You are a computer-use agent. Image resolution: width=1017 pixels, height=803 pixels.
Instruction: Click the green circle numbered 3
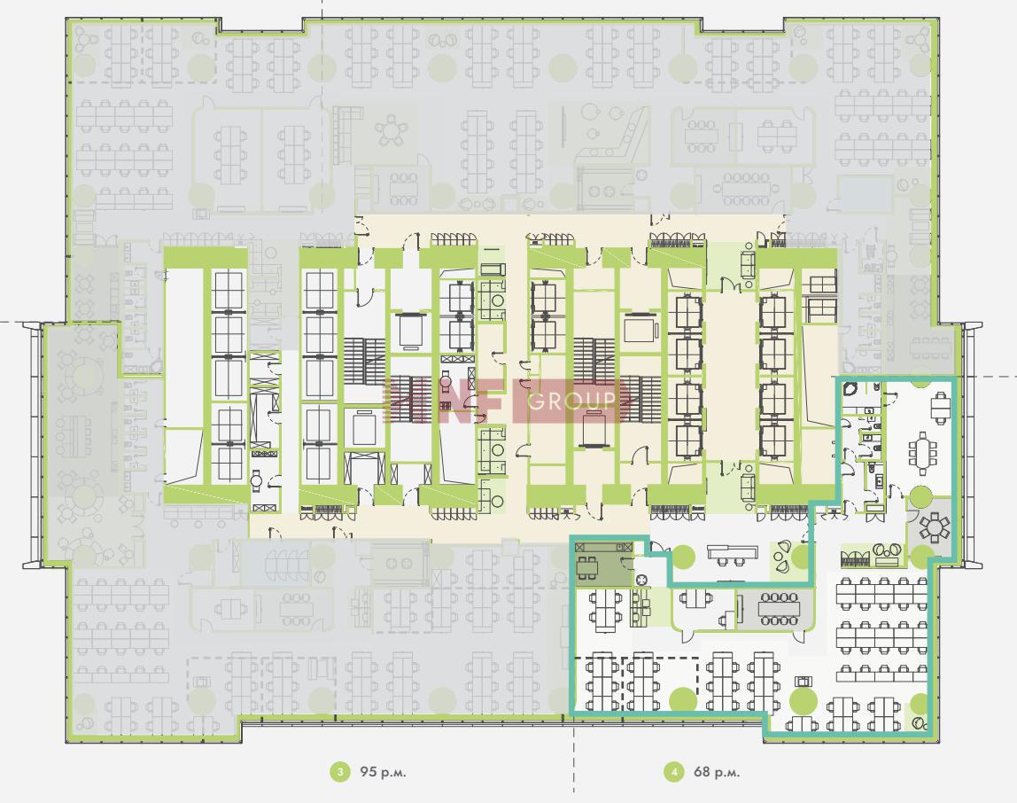click(339, 772)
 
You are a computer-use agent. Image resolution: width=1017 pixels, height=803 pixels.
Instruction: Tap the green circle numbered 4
click(674, 772)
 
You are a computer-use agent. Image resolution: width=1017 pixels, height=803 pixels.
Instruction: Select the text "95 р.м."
click(383, 772)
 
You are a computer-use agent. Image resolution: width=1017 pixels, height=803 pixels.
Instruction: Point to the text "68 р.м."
click(717, 772)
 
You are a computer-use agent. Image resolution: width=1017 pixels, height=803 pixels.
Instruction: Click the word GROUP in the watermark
click(571, 401)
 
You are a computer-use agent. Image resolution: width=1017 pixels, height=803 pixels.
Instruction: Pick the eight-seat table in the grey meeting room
click(780, 609)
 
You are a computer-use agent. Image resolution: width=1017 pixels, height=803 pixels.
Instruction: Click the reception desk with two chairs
click(733, 554)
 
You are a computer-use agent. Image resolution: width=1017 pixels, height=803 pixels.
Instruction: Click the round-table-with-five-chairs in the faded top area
click(391, 130)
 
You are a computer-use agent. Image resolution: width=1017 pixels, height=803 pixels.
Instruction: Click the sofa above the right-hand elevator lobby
click(748, 263)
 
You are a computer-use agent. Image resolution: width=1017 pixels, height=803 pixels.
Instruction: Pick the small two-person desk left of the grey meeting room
click(695, 599)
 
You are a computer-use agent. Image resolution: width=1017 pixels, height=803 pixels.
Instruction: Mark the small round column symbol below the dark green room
click(640, 580)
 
